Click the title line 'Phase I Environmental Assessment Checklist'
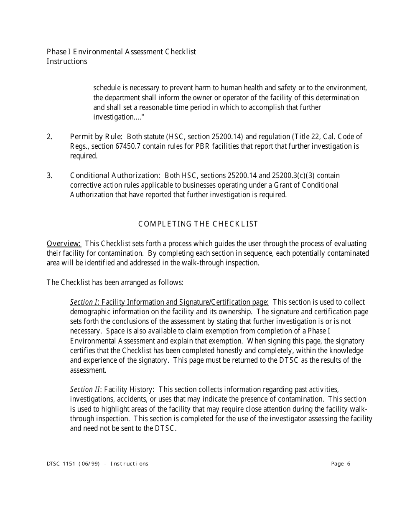point(121,52)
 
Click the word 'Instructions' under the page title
point(67,61)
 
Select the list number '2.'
point(50,137)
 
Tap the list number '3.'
point(50,175)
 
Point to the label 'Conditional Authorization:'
point(115,175)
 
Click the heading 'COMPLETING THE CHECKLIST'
point(198,224)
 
